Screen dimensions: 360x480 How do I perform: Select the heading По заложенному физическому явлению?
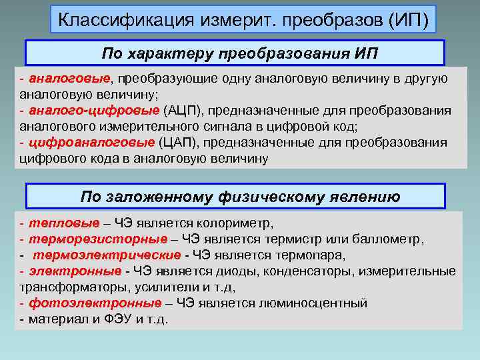[240, 197]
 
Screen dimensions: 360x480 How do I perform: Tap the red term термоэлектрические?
[107, 255]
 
